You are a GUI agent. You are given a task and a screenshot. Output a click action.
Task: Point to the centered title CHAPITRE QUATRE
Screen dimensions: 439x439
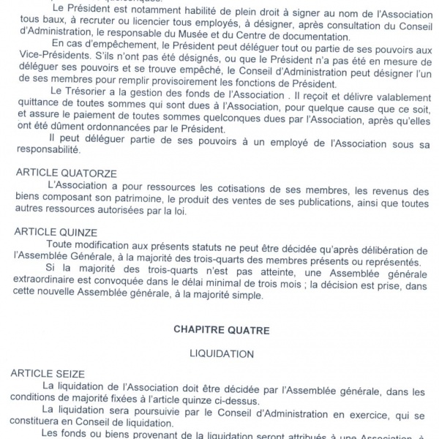click(x=220, y=330)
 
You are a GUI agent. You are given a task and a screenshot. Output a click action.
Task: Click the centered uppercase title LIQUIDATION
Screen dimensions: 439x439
click(x=220, y=353)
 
